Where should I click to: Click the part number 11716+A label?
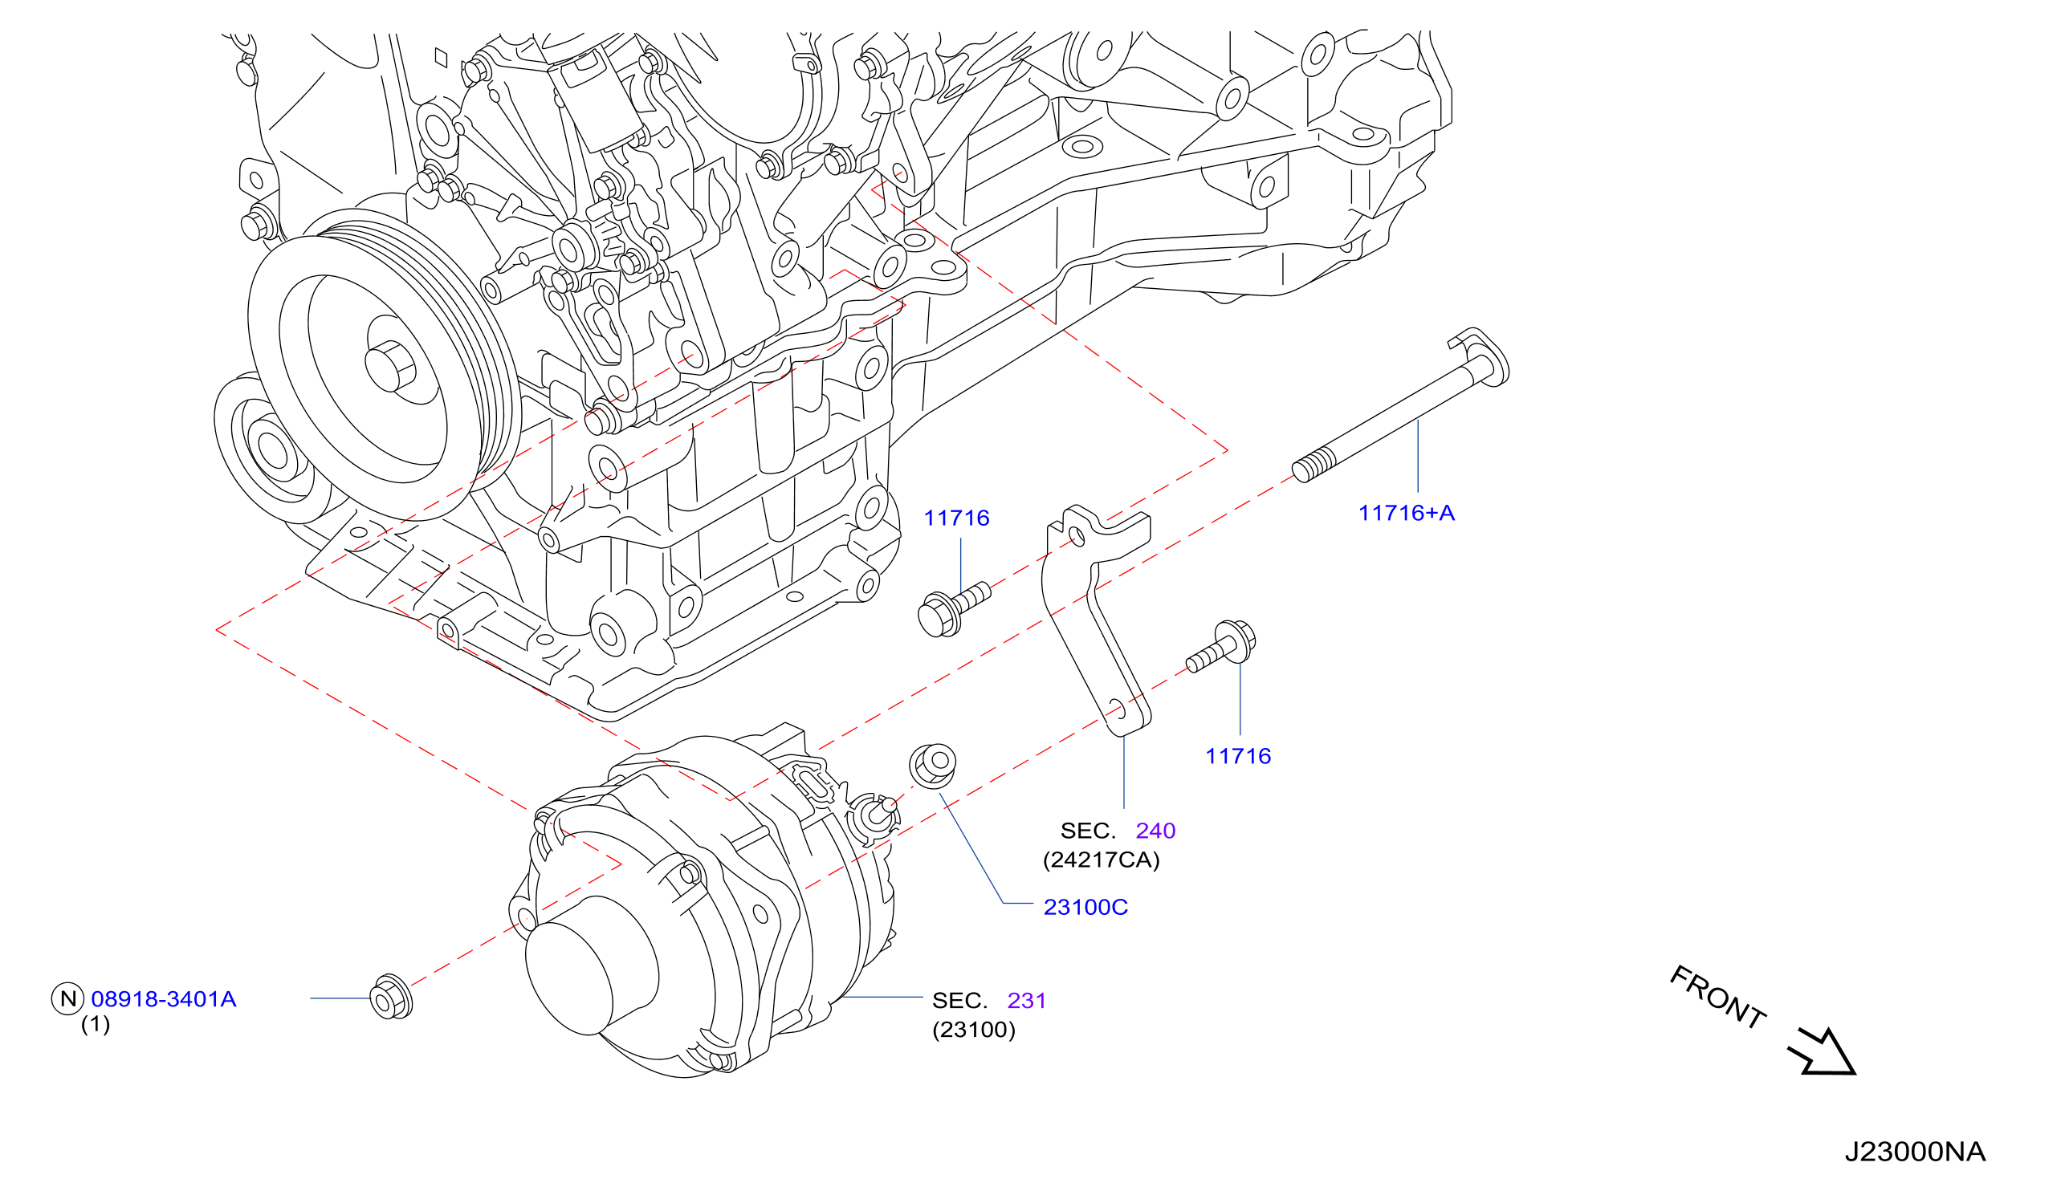pos(1407,513)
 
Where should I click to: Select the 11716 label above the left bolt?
pos(956,518)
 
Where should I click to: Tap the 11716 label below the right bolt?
pos(1238,756)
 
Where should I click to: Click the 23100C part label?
pos(1085,907)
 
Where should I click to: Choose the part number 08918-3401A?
pos(164,998)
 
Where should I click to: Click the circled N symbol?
pos(68,998)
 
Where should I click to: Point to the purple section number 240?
pos(1155,831)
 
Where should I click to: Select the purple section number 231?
pos(1027,1001)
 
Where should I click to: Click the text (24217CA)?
pos(1102,860)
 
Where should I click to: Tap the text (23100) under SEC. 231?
pos(974,1029)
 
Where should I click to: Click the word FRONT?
pos(1717,998)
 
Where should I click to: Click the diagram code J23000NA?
pos(1915,1152)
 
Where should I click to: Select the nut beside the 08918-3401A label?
pos(391,997)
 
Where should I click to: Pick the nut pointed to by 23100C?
pos(933,766)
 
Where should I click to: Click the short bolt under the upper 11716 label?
pos(952,609)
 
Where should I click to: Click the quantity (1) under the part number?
pos(95,1024)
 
